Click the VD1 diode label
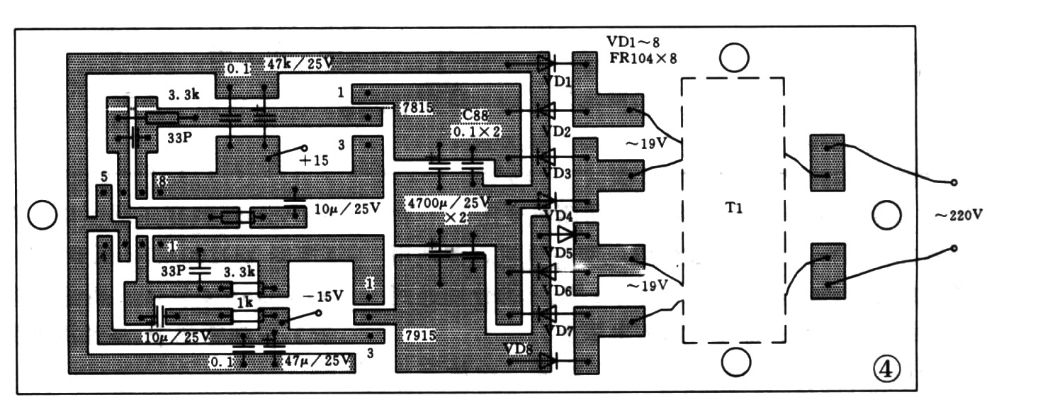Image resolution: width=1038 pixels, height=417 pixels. (x=561, y=82)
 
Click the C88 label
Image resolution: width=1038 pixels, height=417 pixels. (x=476, y=116)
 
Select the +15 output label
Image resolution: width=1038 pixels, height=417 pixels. (x=314, y=160)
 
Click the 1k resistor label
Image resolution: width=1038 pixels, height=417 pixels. (x=244, y=301)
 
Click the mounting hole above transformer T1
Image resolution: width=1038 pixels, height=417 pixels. (x=735, y=57)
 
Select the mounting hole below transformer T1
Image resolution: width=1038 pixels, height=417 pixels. (x=735, y=362)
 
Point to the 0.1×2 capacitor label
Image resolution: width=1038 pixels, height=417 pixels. (x=476, y=132)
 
